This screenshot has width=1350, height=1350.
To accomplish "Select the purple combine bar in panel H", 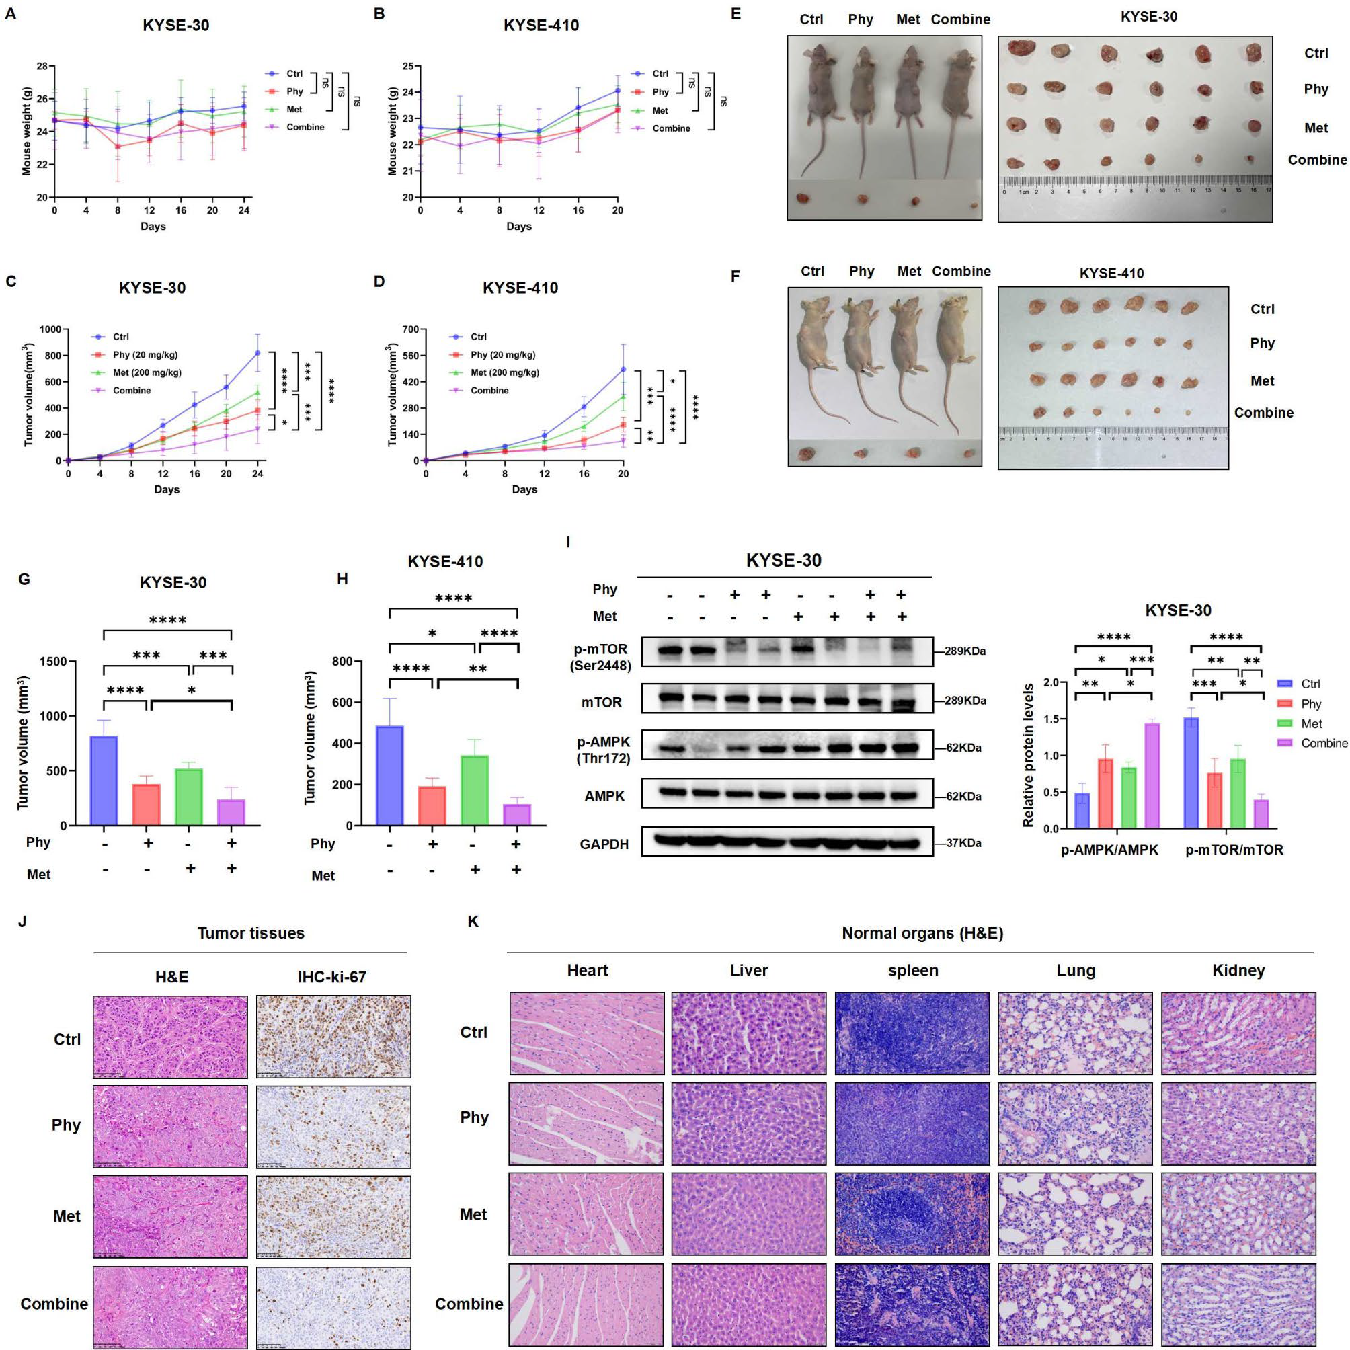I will point(516,815).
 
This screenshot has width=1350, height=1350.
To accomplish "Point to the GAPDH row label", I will point(604,844).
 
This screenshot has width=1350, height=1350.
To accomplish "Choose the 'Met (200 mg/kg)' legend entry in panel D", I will point(504,372).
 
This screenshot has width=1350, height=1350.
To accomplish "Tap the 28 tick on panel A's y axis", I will point(42,67).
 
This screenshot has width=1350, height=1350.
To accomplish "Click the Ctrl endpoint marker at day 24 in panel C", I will point(258,353).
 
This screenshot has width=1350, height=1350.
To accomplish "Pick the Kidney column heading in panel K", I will point(1238,971).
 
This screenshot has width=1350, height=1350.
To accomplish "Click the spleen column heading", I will point(912,971).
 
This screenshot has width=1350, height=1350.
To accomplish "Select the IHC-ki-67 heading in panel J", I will point(332,977).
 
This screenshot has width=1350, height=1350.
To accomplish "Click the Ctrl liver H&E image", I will point(748,1033).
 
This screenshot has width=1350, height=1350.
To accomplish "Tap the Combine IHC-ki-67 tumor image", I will point(333,1307).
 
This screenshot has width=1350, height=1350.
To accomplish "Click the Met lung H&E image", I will point(1075,1214).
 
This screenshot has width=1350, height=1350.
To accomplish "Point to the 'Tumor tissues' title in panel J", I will point(251,934).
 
